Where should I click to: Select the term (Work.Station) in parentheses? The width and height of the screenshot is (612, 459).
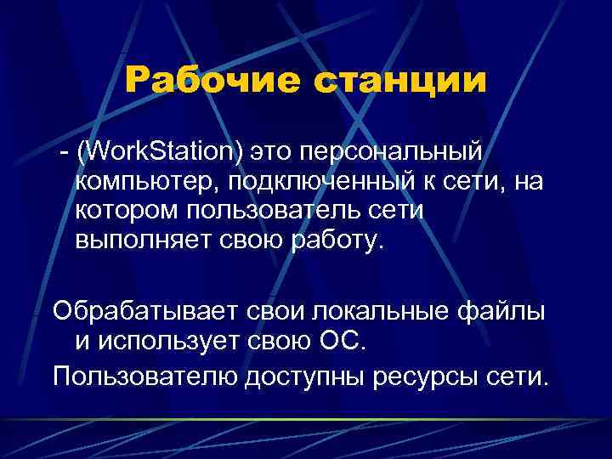(x=159, y=152)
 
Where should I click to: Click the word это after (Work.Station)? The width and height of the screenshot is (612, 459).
(x=273, y=152)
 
